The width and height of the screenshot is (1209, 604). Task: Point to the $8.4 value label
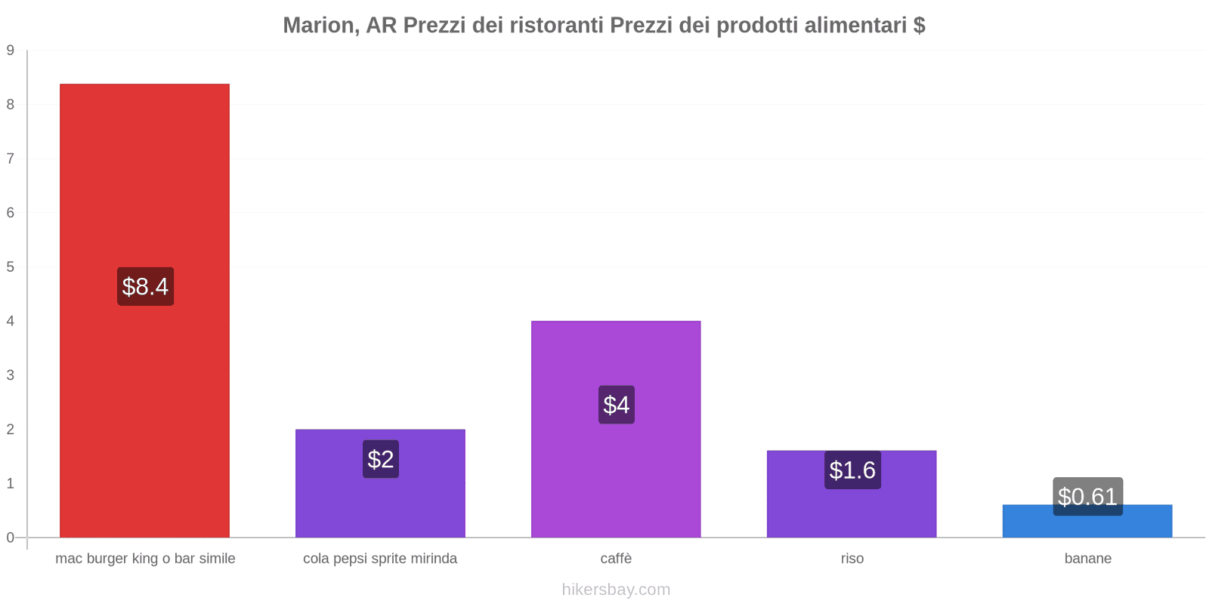click(x=145, y=287)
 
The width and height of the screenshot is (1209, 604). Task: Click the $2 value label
click(x=381, y=459)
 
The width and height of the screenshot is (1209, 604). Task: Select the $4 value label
click(x=617, y=405)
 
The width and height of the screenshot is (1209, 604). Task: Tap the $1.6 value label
click(x=852, y=470)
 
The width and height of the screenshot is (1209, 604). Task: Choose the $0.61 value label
click(x=1087, y=496)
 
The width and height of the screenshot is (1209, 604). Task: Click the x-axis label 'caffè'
click(x=616, y=559)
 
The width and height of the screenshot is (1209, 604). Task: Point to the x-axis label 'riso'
click(x=852, y=559)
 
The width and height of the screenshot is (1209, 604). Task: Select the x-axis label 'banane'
click(x=1087, y=559)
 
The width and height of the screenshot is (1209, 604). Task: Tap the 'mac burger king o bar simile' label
click(x=145, y=559)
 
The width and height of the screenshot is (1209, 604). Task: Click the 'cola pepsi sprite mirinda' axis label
click(x=380, y=559)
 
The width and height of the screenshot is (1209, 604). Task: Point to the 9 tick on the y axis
click(x=11, y=51)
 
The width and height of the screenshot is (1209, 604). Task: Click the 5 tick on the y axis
click(x=11, y=267)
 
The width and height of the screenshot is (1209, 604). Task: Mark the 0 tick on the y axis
click(x=11, y=538)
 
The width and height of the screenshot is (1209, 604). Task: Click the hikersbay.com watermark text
click(x=616, y=590)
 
